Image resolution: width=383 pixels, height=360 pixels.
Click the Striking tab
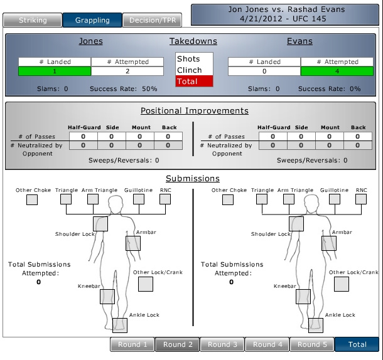(x=32, y=20)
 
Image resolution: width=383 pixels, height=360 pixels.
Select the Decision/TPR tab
(x=153, y=20)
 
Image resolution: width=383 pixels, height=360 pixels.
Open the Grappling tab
(x=92, y=20)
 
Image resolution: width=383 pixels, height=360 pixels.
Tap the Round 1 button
(x=132, y=344)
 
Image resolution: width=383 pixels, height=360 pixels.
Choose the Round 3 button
(x=223, y=344)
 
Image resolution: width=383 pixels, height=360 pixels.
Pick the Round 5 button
(x=312, y=344)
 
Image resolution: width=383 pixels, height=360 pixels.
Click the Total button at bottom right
(x=357, y=344)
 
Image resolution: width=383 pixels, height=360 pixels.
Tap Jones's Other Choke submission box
(x=31, y=200)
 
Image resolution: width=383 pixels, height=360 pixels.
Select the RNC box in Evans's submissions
(x=362, y=199)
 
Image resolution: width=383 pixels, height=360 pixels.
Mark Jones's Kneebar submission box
(x=107, y=297)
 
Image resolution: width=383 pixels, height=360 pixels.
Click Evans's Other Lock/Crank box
(x=341, y=284)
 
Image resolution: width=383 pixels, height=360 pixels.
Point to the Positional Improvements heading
(x=194, y=111)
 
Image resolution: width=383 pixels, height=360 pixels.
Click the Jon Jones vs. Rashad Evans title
(x=286, y=14)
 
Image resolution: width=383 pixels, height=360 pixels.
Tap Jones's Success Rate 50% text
(x=124, y=89)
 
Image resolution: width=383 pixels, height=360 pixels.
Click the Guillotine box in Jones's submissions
(x=139, y=199)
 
